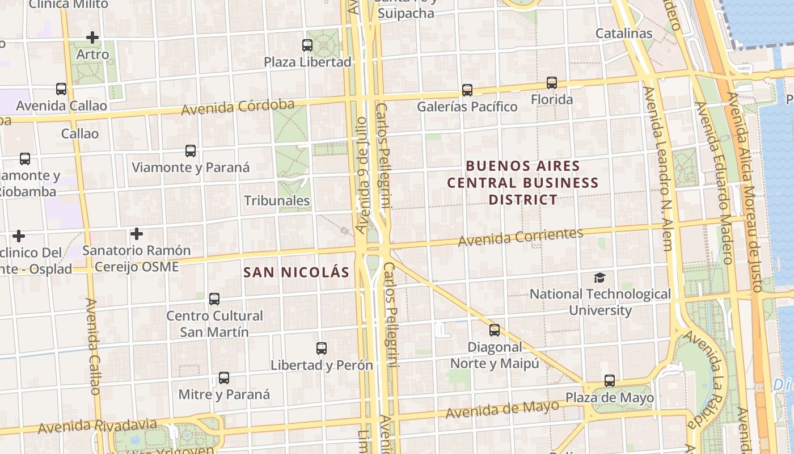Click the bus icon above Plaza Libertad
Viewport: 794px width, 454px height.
(x=307, y=45)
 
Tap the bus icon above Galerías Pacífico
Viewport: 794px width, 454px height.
(x=467, y=90)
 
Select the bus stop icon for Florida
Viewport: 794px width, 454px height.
(x=552, y=82)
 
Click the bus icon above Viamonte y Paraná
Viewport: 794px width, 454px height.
(x=191, y=151)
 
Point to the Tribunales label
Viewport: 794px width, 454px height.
(x=277, y=200)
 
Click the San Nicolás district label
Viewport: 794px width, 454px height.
(x=296, y=272)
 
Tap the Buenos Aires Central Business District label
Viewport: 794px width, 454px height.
(x=523, y=183)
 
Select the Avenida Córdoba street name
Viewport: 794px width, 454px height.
(x=238, y=107)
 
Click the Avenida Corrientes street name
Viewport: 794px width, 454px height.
(x=521, y=237)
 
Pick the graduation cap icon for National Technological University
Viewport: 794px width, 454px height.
(x=599, y=278)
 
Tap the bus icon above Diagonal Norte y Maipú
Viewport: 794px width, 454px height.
(x=495, y=330)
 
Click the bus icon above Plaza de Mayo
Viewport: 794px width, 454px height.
(x=610, y=380)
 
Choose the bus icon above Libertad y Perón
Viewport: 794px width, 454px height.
(x=322, y=348)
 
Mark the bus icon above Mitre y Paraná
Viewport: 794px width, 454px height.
(x=224, y=377)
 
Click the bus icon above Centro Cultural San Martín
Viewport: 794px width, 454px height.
(x=214, y=299)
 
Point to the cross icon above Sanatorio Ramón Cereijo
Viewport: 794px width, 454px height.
(x=136, y=233)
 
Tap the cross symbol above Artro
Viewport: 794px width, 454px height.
(x=92, y=37)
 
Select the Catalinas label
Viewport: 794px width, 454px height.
(x=624, y=33)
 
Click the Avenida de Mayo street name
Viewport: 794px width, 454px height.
(x=501, y=409)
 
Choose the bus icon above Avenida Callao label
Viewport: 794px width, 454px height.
(x=61, y=89)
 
